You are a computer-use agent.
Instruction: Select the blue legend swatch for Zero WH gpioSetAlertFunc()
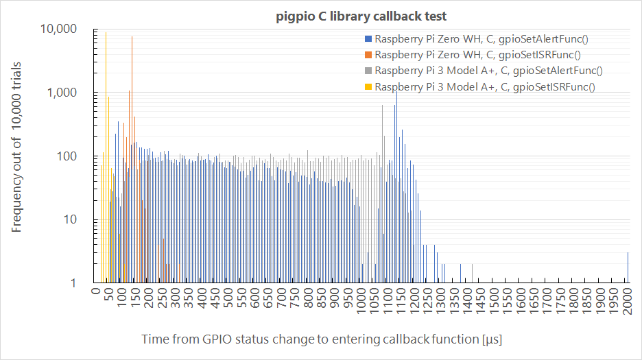[x=368, y=38]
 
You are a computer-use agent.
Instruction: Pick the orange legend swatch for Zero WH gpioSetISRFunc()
[x=368, y=54]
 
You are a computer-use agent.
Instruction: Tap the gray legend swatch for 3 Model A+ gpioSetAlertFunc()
[x=368, y=71]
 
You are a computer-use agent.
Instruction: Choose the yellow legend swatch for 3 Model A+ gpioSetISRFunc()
[x=368, y=86]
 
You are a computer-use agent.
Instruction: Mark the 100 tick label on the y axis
[x=71, y=156]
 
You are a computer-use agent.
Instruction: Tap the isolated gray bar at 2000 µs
[x=628, y=267]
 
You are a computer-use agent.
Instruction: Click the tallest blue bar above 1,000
[x=396, y=185]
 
